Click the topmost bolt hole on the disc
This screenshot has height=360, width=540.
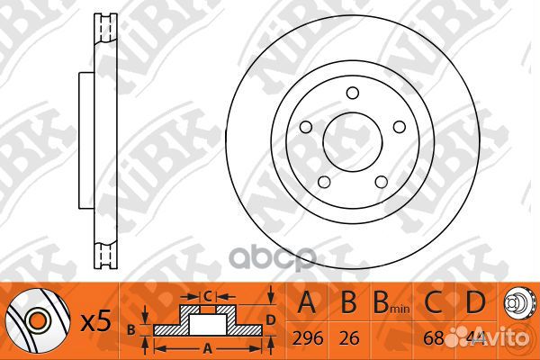tap(351, 89)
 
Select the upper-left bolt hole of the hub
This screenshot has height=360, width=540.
tap(307, 123)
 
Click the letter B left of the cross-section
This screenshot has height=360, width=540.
tap(131, 329)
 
